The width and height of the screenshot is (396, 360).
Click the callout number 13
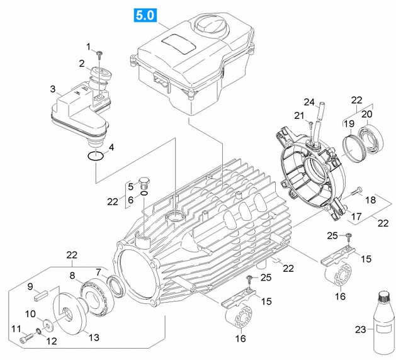click(93, 337)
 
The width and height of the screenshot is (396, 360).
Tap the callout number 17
click(356, 217)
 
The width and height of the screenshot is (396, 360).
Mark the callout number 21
click(299, 115)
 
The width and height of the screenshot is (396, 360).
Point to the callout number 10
click(30, 314)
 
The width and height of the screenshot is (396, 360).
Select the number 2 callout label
click(82, 64)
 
